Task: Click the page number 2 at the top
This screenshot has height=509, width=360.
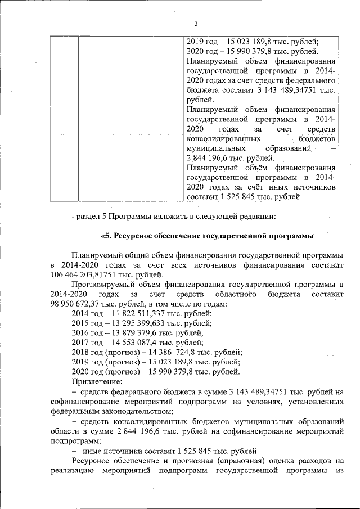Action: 195,24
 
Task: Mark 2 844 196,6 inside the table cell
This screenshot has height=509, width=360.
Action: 214,157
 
